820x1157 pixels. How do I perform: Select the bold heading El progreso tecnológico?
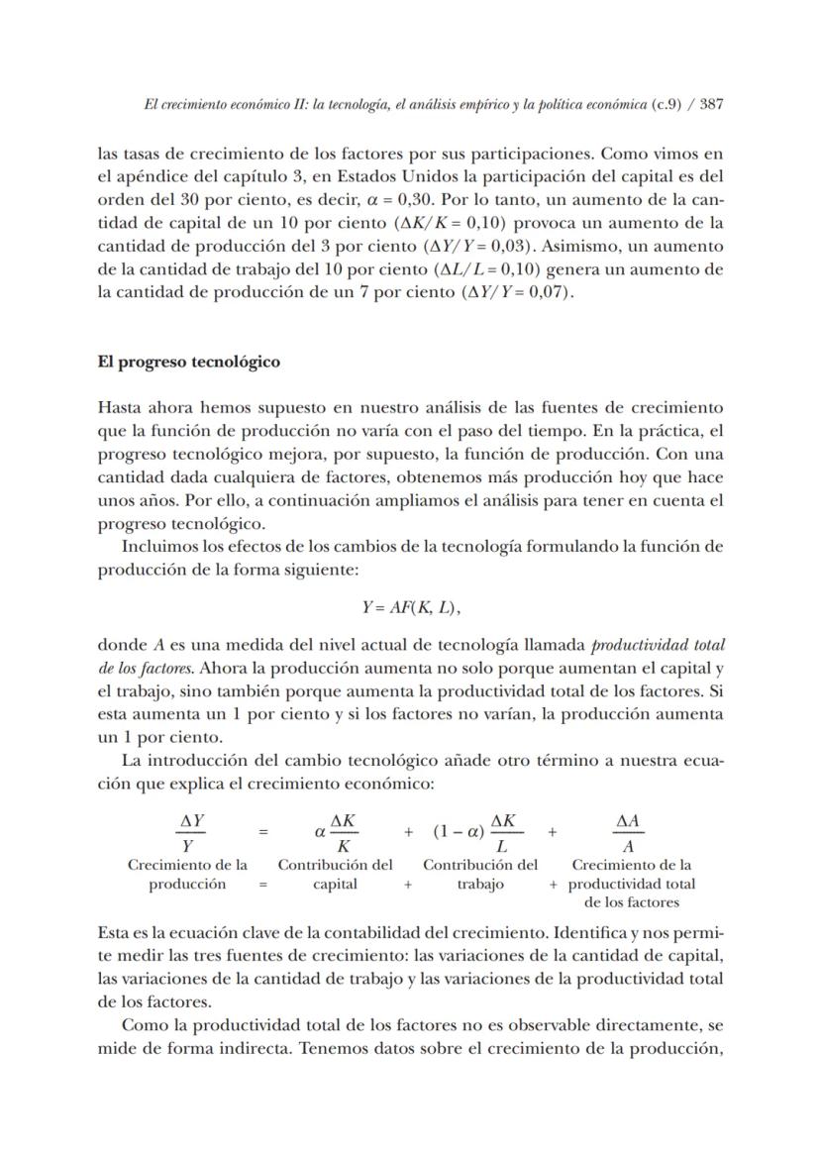tap(188, 362)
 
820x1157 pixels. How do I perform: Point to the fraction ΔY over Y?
tap(189, 833)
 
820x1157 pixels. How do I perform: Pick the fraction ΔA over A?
tap(628, 833)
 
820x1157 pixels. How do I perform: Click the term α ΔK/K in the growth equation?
tap(335, 833)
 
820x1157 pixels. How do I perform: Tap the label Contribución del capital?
tap(335, 874)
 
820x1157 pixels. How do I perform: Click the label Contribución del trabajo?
tap(480, 874)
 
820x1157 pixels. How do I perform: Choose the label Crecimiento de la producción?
tap(188, 874)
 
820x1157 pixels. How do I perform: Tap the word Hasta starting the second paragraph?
tap(120, 407)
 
